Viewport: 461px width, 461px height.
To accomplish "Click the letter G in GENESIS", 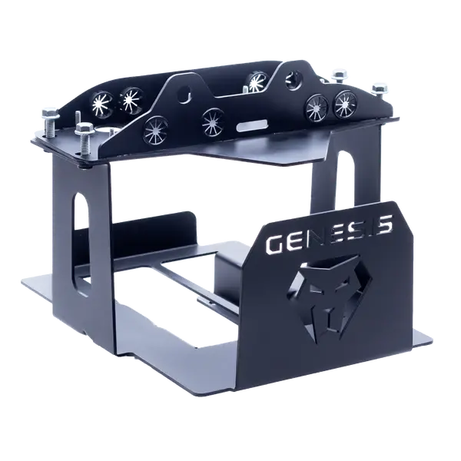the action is tap(275, 244).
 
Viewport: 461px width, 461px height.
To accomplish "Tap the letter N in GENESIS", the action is tap(314, 237).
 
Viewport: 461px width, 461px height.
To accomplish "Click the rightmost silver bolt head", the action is tap(380, 88).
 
